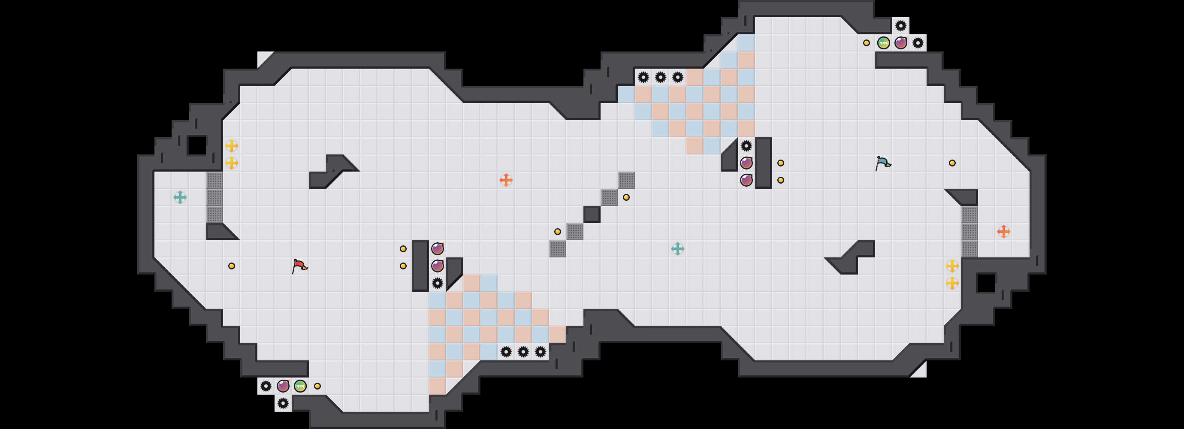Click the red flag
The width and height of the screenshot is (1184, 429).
tap(299, 266)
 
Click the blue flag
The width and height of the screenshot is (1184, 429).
tap(883, 163)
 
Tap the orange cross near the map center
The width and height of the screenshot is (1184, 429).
tap(506, 180)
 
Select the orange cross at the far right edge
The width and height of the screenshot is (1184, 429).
tap(1003, 231)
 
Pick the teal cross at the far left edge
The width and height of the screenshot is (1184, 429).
tap(180, 197)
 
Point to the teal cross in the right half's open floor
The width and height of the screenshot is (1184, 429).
tap(677, 249)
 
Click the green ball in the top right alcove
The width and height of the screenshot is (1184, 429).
tap(883, 43)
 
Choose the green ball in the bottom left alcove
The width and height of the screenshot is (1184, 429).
tap(300, 386)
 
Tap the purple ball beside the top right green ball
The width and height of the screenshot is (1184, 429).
tap(901, 43)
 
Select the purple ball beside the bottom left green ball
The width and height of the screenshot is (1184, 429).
tap(283, 386)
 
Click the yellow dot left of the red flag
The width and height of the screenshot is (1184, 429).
tap(232, 266)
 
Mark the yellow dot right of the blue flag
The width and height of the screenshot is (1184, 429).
tap(952, 163)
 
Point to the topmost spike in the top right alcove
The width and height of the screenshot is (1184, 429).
tap(901, 26)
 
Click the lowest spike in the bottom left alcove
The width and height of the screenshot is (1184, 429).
tap(283, 403)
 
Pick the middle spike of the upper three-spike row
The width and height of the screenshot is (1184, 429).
tap(661, 77)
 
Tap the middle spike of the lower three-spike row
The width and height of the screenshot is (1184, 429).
tap(523, 352)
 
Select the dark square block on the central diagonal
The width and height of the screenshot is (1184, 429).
tap(592, 214)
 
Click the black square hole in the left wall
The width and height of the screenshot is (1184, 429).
tap(197, 146)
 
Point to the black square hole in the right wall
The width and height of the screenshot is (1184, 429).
tap(986, 283)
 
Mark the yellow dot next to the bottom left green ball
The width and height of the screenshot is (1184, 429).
tap(317, 386)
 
